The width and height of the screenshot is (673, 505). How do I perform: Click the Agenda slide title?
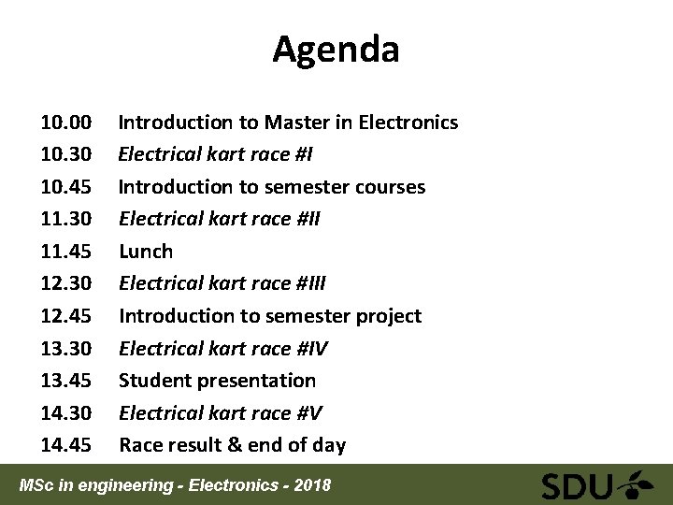click(x=336, y=49)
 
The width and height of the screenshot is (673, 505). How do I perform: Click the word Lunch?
click(x=146, y=252)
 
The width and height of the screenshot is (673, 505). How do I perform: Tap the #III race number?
click(x=310, y=283)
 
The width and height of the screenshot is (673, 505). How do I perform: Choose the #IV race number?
click(x=311, y=349)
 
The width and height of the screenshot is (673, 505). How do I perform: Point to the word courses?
click(x=391, y=187)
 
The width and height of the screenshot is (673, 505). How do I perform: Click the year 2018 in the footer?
click(x=311, y=484)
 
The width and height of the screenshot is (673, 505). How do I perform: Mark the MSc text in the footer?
click(x=38, y=484)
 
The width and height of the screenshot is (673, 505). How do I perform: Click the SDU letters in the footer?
click(x=578, y=486)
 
